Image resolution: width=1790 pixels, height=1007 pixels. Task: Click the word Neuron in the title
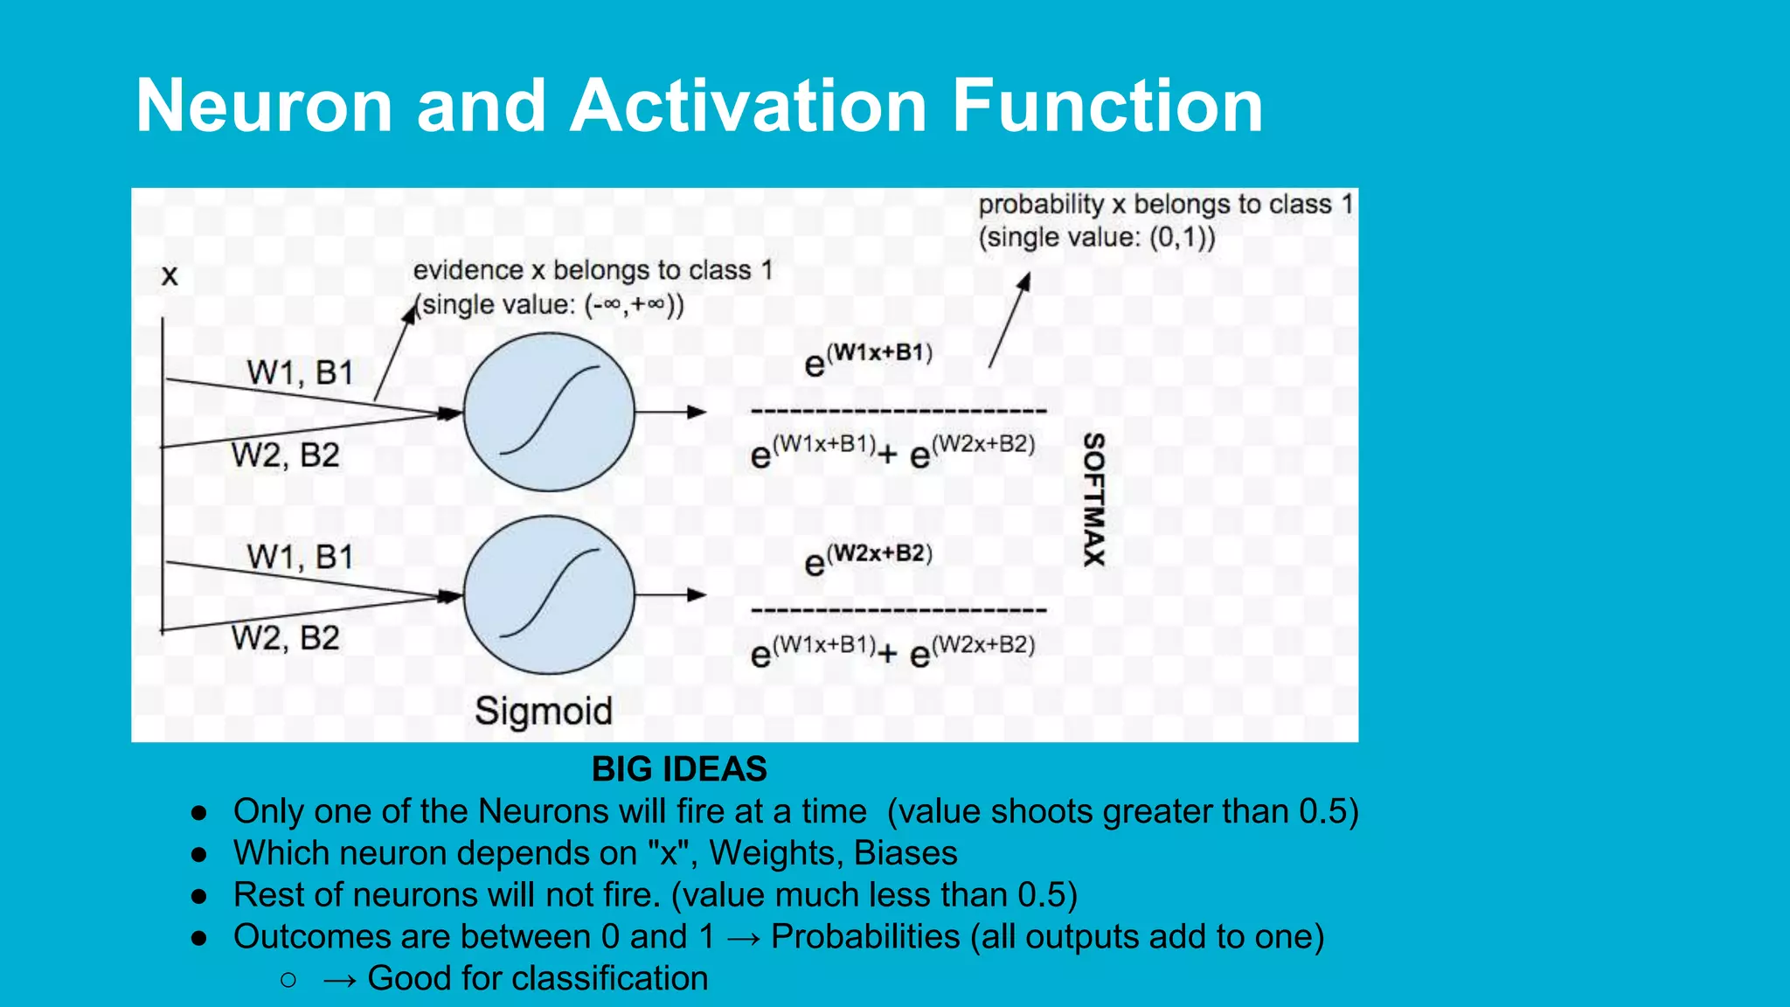point(264,106)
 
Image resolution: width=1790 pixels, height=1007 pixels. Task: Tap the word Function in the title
point(1107,106)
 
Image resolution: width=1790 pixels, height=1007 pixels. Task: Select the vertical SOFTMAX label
point(1094,499)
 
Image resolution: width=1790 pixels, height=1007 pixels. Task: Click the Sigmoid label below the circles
point(543,711)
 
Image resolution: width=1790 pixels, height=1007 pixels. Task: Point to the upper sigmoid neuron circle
point(549,412)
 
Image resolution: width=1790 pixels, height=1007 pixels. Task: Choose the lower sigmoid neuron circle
point(549,595)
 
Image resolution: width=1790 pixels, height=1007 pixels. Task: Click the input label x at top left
point(170,276)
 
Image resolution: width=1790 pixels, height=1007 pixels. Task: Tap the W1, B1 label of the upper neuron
point(300,373)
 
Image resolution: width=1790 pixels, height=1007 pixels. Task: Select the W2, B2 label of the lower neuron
point(285,638)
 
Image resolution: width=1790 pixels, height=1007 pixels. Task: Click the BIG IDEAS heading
point(679,769)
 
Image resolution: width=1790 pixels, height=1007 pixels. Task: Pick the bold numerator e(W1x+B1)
point(868,359)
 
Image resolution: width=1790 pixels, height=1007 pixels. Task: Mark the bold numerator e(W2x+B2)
point(868,559)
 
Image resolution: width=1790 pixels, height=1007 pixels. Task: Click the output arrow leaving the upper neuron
point(670,412)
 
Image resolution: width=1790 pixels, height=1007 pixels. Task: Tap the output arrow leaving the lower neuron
point(670,595)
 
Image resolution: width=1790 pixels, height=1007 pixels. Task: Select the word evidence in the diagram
point(468,271)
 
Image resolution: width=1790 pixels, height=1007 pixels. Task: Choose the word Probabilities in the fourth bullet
point(865,936)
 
